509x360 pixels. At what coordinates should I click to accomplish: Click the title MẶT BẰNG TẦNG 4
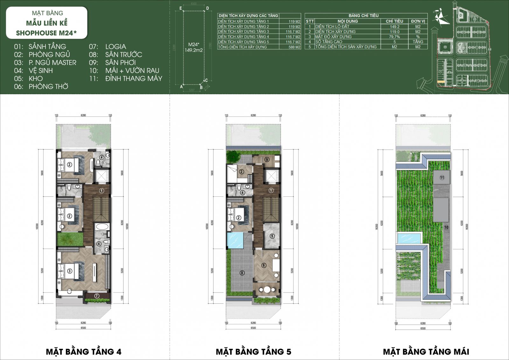(x=83, y=351)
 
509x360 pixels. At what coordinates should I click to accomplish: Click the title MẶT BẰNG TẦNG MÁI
(x=426, y=351)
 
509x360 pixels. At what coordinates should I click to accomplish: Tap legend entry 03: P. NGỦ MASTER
(x=45, y=62)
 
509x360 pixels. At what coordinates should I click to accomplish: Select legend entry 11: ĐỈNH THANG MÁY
(x=126, y=78)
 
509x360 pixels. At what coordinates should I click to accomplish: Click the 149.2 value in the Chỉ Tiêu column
(x=394, y=27)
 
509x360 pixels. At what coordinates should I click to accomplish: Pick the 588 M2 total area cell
(x=294, y=47)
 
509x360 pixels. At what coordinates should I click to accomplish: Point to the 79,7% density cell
(x=394, y=37)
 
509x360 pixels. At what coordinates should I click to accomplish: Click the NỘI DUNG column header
(x=347, y=21)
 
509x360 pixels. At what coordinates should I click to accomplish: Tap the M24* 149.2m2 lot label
(x=193, y=47)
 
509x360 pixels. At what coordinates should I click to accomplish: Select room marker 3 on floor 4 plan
(x=70, y=271)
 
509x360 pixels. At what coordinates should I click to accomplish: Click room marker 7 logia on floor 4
(x=97, y=296)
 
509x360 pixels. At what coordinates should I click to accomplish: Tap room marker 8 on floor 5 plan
(x=242, y=273)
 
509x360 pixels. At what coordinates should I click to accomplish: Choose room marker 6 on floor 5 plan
(x=264, y=265)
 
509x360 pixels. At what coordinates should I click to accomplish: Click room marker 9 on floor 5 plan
(x=267, y=160)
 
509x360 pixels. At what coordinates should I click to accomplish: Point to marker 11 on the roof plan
(x=442, y=178)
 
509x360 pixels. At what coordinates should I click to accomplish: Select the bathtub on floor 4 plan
(x=102, y=227)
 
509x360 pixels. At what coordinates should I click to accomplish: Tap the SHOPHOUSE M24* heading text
(x=46, y=33)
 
